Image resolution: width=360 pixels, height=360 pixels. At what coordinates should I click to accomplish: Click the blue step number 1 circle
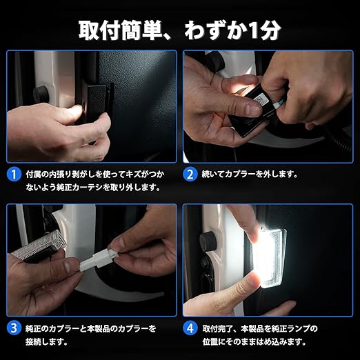14,174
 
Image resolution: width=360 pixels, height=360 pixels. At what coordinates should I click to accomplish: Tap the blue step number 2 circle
190,174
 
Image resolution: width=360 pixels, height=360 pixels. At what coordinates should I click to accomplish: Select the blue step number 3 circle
14,328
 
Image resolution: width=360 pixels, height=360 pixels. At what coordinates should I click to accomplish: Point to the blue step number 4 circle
190,328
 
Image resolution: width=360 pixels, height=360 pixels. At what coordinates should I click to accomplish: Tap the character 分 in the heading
270,31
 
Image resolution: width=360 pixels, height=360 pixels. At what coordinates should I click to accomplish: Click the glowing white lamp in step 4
270,257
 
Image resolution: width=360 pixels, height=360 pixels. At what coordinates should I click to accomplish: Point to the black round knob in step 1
41,94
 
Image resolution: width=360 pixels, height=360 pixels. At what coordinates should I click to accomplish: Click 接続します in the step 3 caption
46,342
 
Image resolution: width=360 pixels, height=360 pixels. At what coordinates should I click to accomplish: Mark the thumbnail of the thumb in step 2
252,108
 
